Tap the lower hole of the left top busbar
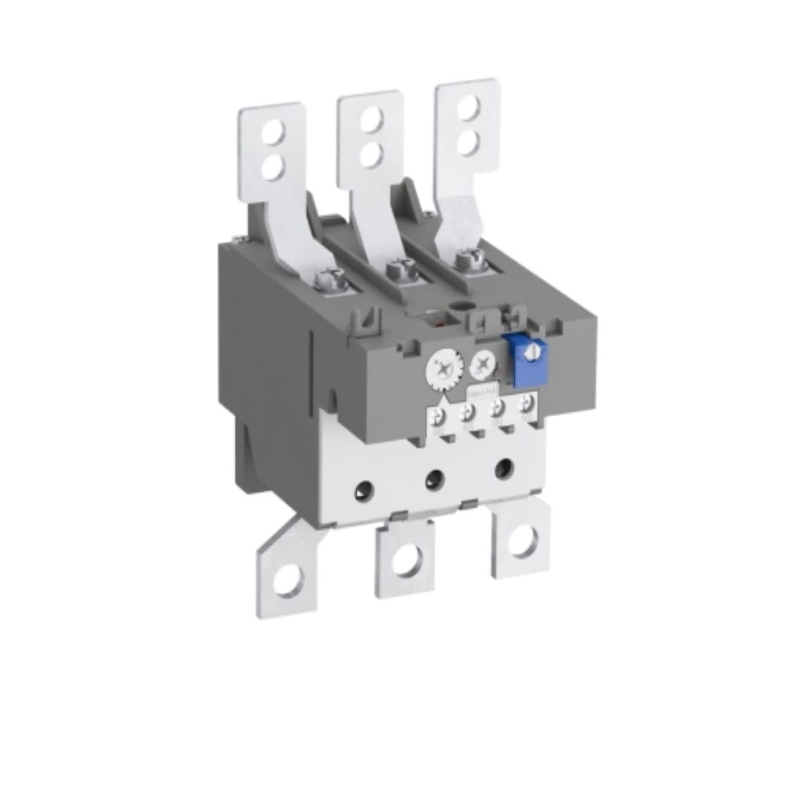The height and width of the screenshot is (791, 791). coord(272,168)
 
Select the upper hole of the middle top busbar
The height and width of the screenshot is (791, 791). coord(371,119)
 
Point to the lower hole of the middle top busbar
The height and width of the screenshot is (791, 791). coord(371,154)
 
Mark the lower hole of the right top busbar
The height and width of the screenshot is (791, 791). coord(468,141)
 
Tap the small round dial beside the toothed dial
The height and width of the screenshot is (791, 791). coord(482,362)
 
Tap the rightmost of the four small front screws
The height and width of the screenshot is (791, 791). coord(524,405)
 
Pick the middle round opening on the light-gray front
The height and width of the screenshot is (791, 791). coord(434,480)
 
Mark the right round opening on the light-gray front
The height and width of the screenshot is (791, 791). coord(503,467)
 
